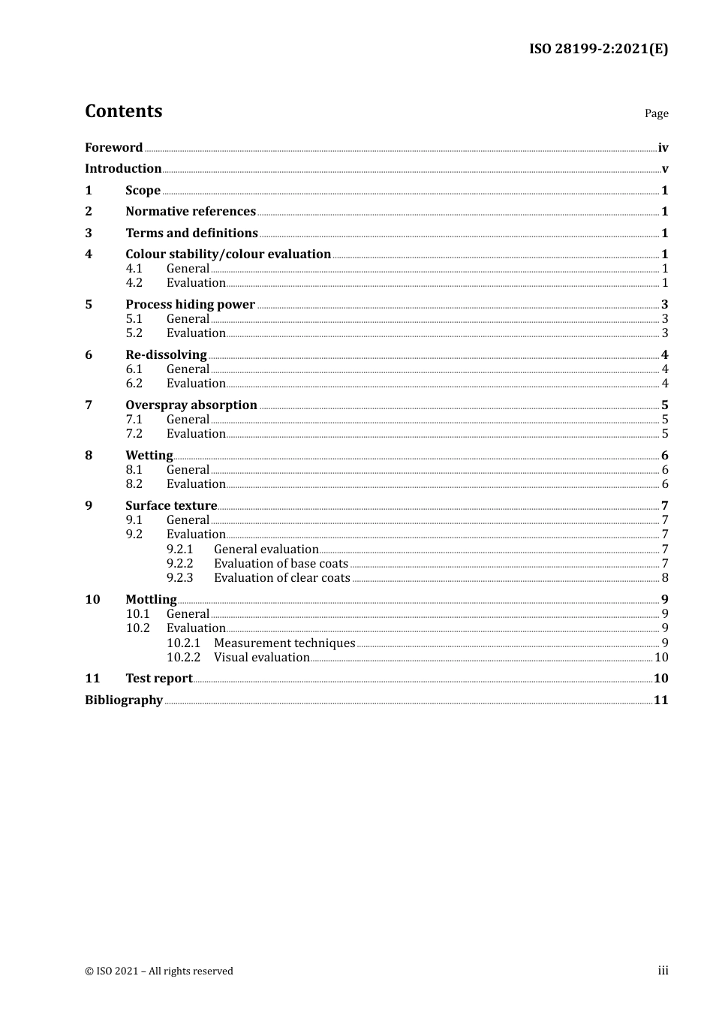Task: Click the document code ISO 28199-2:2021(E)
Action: point(598,50)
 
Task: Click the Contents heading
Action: point(124,111)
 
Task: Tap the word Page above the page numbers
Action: point(656,113)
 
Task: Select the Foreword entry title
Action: point(113,148)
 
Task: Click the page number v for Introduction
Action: point(665,169)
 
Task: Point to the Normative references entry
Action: point(191,212)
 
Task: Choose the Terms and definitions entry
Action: point(191,233)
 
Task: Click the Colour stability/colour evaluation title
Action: point(228,255)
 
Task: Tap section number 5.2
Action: point(134,333)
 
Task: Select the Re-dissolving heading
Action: point(166,355)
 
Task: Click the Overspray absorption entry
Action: point(191,405)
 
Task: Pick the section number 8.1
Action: point(134,470)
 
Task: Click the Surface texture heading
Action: point(171,506)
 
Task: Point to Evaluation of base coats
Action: point(281,564)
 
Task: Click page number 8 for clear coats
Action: point(665,578)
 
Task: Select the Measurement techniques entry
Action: point(284,643)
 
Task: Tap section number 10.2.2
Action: point(183,658)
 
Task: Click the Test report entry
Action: point(159,679)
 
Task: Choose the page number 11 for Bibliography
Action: point(660,700)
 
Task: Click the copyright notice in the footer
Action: point(159,971)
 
